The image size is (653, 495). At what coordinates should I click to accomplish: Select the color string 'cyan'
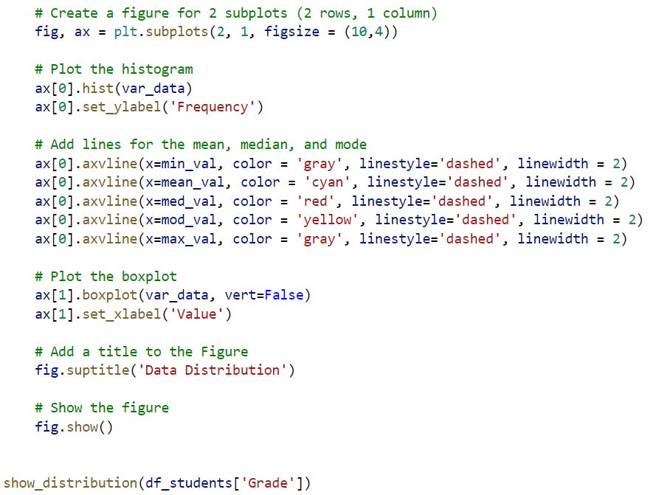pos(323,182)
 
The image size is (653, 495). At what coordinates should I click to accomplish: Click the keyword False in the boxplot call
pos(284,295)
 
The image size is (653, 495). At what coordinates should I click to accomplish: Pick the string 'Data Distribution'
pos(213,370)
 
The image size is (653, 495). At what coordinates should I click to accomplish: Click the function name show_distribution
pos(69,483)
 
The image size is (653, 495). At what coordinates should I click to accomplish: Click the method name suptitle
pos(97,370)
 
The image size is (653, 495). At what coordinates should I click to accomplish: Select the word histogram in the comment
pos(158,69)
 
